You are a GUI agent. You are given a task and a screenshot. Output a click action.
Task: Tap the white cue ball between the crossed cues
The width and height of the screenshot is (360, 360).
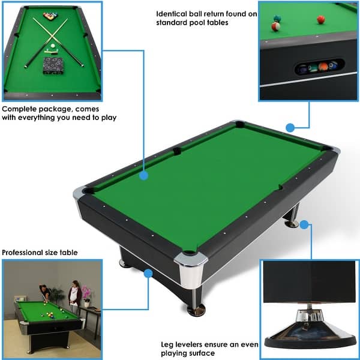pos(52,46)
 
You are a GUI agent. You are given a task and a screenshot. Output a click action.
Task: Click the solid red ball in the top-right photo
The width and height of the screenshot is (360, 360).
pos(320,19)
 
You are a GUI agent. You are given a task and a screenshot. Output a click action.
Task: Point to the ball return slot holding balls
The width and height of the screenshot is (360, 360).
pos(319,67)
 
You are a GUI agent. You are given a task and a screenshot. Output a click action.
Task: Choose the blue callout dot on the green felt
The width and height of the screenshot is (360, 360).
pos(143,176)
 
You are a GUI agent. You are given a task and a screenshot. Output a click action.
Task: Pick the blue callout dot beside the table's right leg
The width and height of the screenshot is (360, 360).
pos(304,225)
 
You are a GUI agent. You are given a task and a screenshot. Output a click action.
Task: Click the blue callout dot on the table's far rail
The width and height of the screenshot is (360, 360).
pos(290,127)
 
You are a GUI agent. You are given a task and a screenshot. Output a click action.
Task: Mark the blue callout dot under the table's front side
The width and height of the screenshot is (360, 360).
pos(148,274)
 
